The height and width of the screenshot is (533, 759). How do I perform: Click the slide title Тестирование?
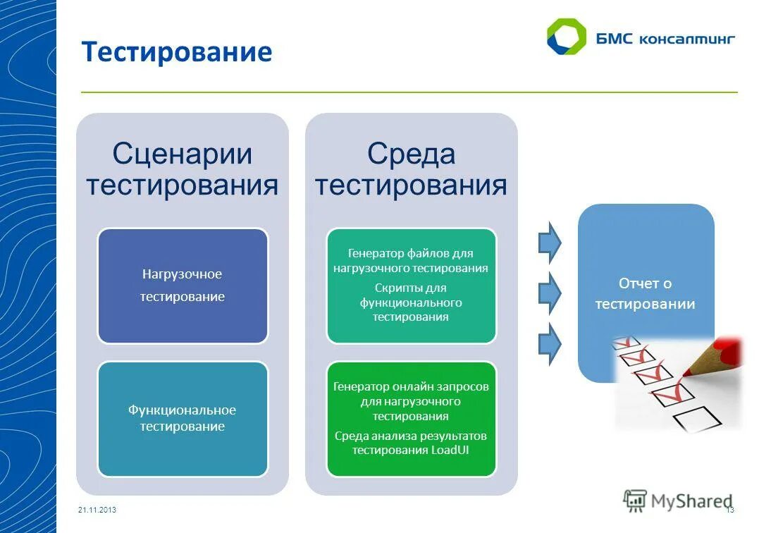pos(176,53)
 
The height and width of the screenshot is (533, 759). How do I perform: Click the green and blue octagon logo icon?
pos(566,37)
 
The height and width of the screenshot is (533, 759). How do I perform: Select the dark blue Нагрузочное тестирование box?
pos(182,286)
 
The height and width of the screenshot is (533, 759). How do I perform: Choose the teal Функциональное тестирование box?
pos(182,418)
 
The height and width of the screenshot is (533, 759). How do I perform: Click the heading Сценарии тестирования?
pos(182,169)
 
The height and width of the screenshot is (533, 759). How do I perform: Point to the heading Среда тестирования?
pos(411,169)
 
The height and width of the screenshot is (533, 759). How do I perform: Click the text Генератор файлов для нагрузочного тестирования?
pos(411,260)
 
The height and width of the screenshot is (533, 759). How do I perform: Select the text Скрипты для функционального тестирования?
pos(411,302)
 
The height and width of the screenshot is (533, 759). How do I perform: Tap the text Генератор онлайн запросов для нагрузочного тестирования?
pos(411,401)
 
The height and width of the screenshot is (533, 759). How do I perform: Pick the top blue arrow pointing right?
pos(550,241)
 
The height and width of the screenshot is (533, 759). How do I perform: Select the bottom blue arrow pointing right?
pos(550,343)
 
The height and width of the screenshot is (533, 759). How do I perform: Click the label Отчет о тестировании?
pos(645,293)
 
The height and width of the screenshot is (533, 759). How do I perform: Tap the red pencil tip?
pos(732,347)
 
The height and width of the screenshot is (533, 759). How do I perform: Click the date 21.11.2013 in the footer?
pos(97,510)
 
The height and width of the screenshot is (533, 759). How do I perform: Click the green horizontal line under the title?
pos(409,92)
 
